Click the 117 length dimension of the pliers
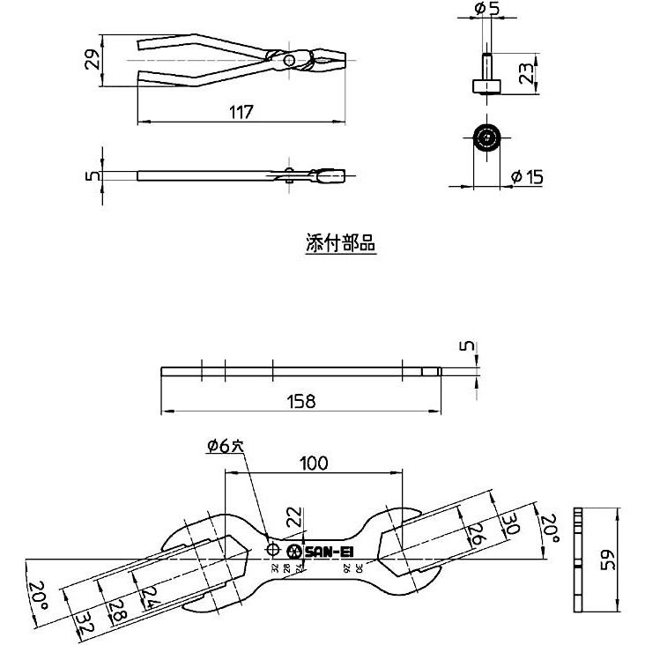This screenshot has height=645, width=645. coord(241,112)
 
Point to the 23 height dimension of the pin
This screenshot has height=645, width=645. coord(526,72)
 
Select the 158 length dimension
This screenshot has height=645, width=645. coord(300,402)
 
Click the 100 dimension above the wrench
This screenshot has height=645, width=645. coord(315,462)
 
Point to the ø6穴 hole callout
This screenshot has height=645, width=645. coord(224,447)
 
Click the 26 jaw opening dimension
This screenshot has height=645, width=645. coord(475,533)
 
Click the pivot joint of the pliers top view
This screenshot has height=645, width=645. coord(290,61)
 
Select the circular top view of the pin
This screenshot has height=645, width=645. coord(486,139)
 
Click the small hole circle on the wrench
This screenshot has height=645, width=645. coord(272,552)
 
